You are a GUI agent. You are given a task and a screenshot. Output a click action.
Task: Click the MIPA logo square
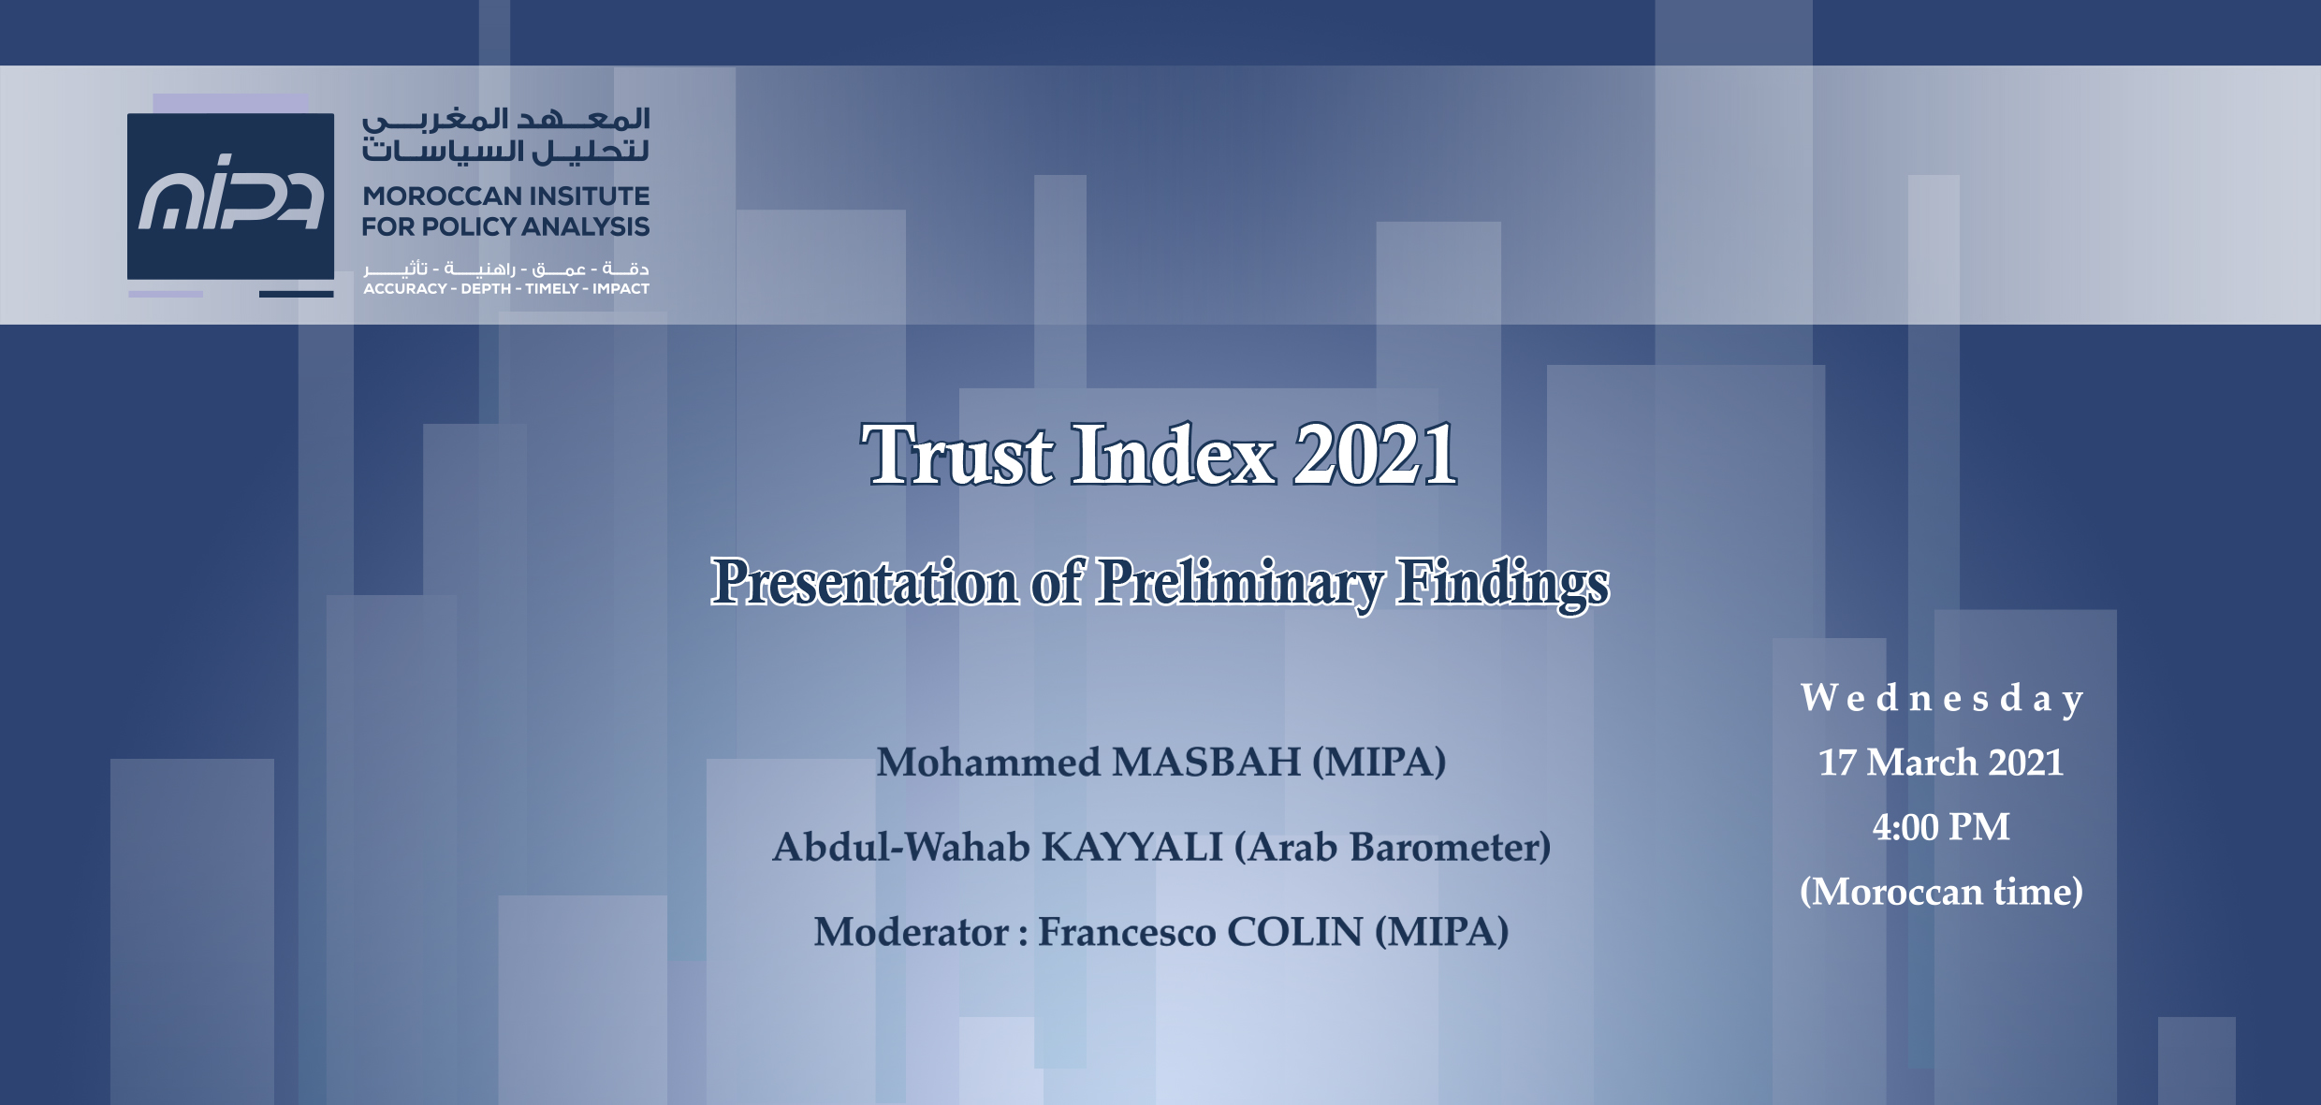[x=230, y=196]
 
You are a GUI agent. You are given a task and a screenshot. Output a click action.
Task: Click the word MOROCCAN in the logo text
[x=441, y=196]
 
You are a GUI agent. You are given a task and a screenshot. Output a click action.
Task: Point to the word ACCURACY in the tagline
[x=405, y=289]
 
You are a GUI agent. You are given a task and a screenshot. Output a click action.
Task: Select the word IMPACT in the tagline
[x=620, y=289]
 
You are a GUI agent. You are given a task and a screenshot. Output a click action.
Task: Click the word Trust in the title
[x=956, y=455]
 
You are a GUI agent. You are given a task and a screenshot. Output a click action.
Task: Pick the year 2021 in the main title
[x=1375, y=455]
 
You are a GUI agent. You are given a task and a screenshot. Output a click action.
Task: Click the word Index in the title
[x=1174, y=455]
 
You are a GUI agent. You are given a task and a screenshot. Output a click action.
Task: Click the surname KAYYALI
[x=1132, y=847]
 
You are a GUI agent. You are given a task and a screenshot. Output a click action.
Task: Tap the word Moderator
[x=912, y=932]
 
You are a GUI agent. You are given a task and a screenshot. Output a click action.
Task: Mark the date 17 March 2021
[x=1941, y=763]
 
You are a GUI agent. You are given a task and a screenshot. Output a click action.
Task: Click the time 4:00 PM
[x=1941, y=827]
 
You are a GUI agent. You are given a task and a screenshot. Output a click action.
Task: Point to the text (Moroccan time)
[x=1942, y=892]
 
